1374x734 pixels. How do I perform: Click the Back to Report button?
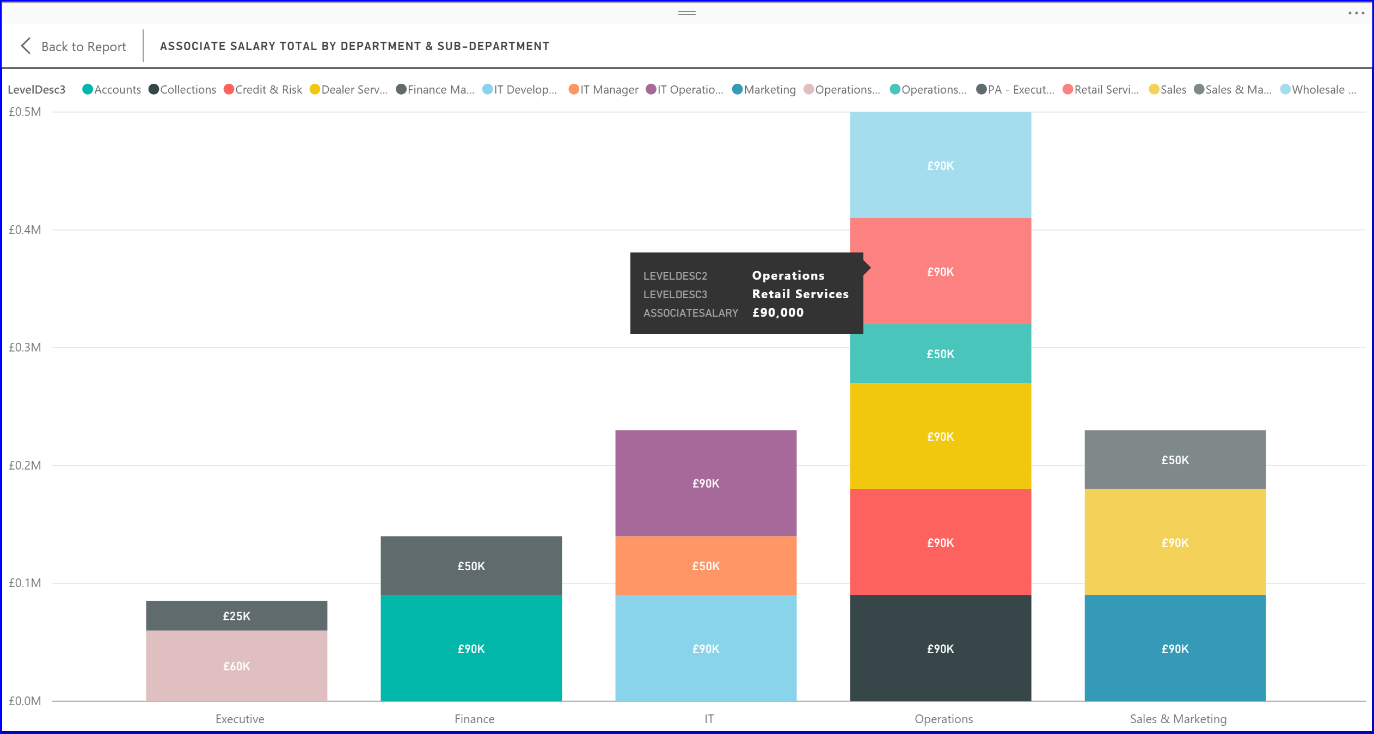pos(73,46)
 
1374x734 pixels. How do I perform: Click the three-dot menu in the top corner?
pos(1356,13)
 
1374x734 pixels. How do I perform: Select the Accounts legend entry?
pos(112,90)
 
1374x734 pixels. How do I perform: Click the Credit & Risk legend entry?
pos(263,90)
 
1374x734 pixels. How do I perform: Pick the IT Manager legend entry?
pos(604,90)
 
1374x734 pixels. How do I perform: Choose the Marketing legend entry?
pos(764,90)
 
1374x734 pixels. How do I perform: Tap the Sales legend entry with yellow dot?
pos(1168,90)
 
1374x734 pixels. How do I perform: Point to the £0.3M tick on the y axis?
pos(25,347)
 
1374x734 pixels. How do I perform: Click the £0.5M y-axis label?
pos(25,112)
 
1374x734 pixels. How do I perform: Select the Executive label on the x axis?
pos(240,719)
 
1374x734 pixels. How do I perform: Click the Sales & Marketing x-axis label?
pos(1178,719)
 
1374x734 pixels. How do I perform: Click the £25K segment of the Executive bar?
pos(236,616)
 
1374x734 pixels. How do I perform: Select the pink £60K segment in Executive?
pos(236,666)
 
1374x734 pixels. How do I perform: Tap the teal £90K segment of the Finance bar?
pos(471,649)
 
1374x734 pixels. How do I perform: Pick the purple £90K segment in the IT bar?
pos(706,483)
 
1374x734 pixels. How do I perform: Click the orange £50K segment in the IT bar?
pos(706,566)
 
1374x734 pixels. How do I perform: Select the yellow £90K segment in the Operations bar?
pos(940,436)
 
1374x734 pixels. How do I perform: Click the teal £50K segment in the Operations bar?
pos(940,354)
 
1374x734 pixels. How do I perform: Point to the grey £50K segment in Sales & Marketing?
pos(1175,460)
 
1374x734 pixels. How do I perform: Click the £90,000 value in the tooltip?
pos(778,312)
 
